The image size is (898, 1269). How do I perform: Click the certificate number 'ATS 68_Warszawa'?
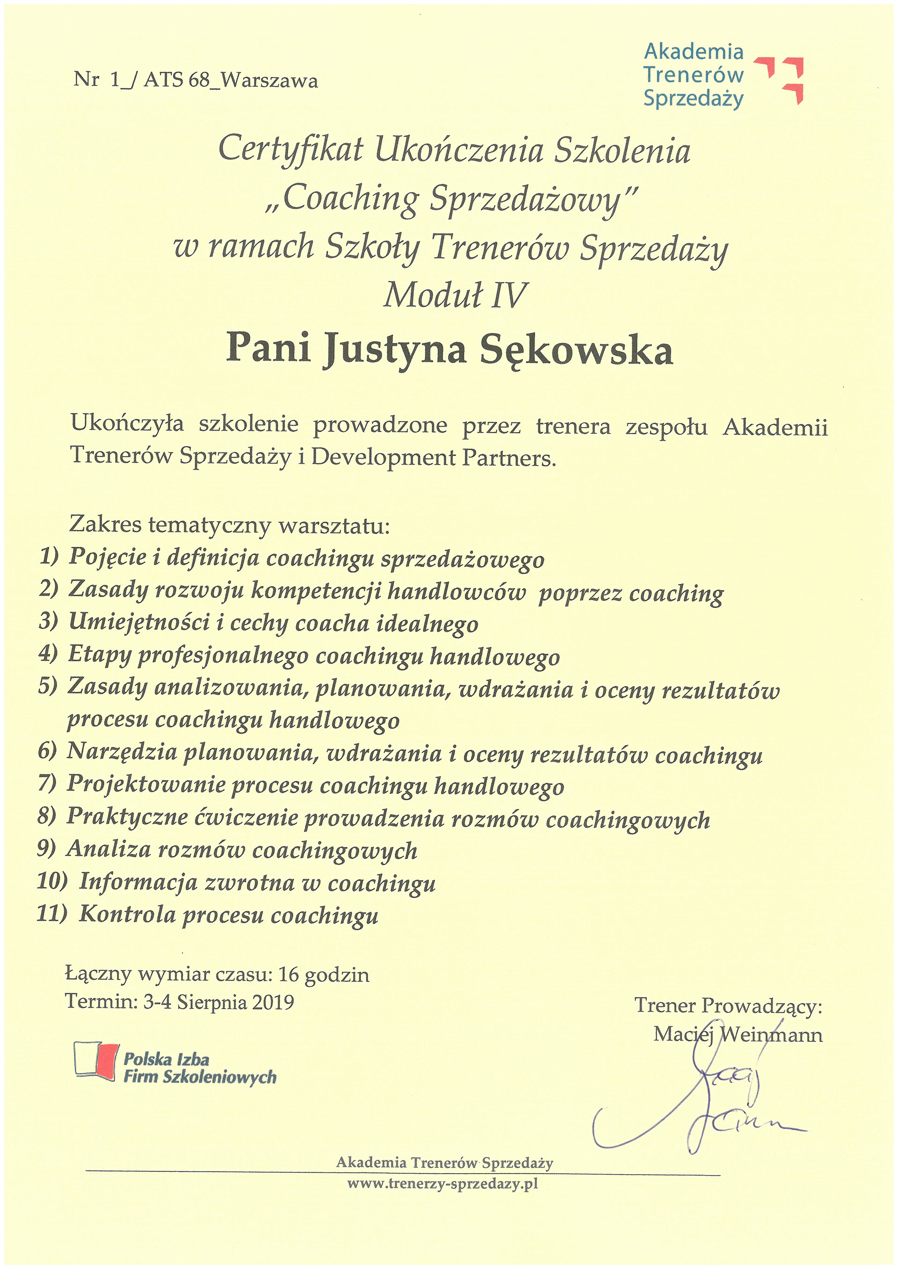coord(231,81)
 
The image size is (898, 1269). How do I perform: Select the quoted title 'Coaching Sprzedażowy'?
coord(451,199)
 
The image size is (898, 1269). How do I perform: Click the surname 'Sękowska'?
coord(576,350)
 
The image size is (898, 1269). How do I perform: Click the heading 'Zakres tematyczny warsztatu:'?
coord(230,524)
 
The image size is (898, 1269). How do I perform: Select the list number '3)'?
coord(49,621)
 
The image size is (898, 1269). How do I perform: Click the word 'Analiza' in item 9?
coord(109,849)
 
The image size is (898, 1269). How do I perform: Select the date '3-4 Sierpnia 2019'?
coord(218,1002)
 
